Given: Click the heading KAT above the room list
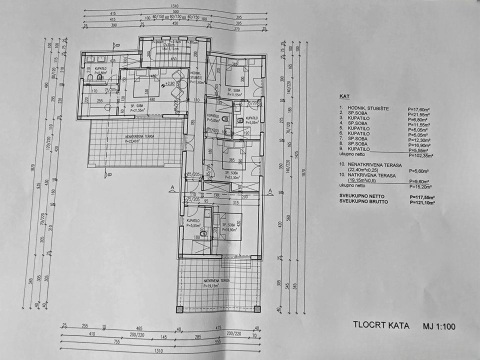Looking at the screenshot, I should point(344,98).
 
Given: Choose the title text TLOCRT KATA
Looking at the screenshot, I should point(381,326).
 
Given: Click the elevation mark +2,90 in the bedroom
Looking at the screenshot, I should point(170,83).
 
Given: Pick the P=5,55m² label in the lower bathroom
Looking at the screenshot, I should point(193,225).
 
